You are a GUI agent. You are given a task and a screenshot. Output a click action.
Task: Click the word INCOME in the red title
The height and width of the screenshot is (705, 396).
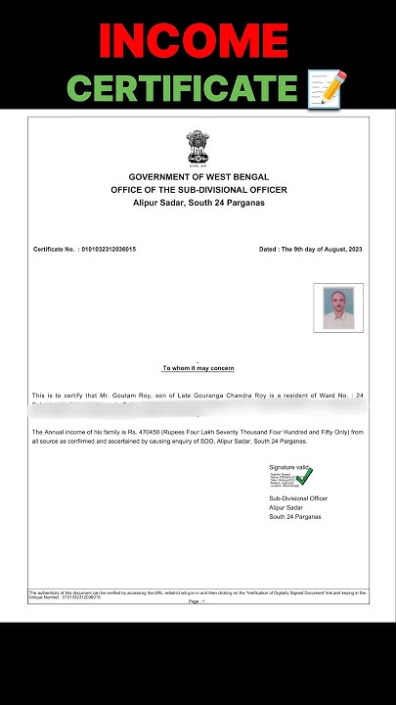198,42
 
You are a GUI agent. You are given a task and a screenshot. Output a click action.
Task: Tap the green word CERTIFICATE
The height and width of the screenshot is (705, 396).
182,89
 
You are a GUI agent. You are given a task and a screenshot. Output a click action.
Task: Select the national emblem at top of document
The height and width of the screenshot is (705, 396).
198,149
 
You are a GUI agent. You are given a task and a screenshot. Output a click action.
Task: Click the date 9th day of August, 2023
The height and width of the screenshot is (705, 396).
321,250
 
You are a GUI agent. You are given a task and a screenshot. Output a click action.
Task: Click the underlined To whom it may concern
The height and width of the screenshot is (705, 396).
198,368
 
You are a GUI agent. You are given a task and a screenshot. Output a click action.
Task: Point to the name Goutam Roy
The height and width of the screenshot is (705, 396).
128,395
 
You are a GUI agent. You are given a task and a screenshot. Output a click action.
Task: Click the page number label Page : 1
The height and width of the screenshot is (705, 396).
198,601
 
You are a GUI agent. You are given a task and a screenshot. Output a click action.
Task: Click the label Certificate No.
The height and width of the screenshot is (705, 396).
55,250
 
